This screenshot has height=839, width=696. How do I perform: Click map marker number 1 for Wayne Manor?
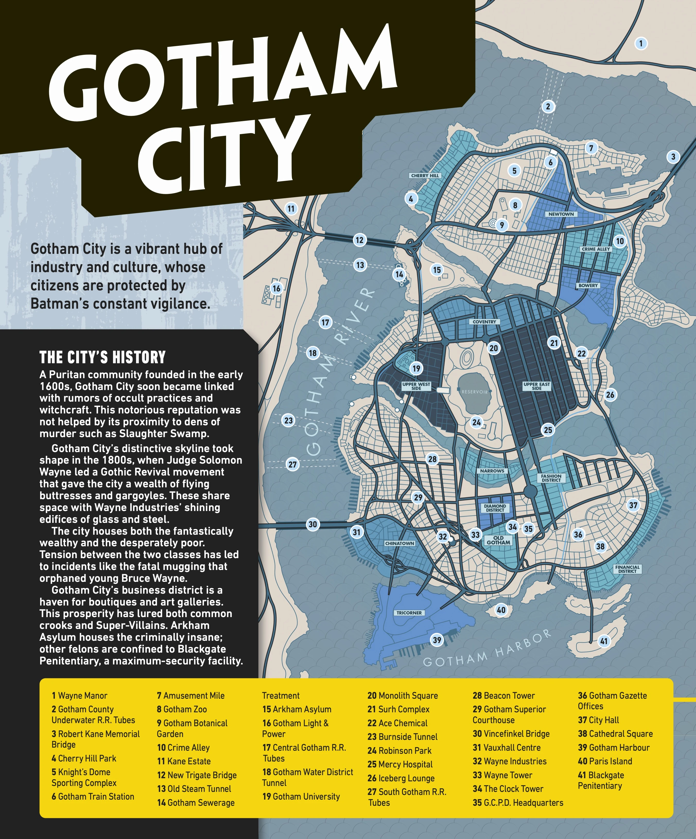tap(641, 43)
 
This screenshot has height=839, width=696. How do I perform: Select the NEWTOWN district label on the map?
tap(561, 214)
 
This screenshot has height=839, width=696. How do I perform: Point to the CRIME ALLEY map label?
tap(596, 249)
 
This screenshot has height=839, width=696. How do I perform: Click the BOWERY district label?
tap(588, 286)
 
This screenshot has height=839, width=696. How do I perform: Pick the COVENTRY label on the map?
tap(484, 322)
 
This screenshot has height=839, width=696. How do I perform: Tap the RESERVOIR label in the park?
tap(475, 392)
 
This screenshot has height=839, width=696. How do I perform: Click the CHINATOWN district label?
tap(399, 543)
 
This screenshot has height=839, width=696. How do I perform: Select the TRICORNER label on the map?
tap(409, 613)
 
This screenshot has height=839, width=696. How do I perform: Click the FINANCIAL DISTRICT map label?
tap(627, 569)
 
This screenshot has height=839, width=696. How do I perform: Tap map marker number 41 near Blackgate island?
tap(604, 641)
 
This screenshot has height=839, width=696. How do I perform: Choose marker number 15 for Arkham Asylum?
tap(437, 270)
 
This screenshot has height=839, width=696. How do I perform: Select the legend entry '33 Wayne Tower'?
tap(502, 775)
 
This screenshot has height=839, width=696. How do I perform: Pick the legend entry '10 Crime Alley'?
tap(183, 748)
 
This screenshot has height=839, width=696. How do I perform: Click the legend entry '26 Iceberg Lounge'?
tap(401, 778)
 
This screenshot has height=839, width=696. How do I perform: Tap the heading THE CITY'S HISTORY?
tap(102, 357)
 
